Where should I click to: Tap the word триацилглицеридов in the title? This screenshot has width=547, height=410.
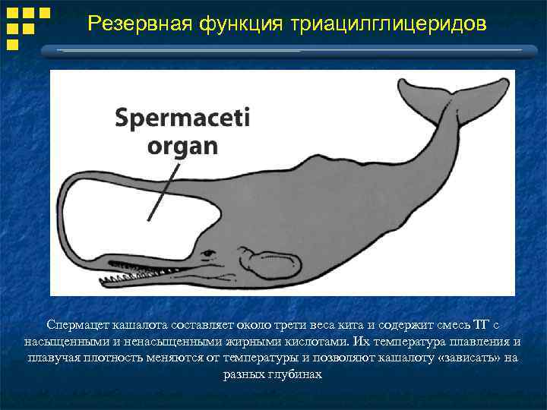tap(387, 24)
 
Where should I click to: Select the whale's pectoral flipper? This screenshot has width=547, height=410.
tap(266, 262)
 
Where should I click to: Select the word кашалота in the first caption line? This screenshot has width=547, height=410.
tap(142, 324)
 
